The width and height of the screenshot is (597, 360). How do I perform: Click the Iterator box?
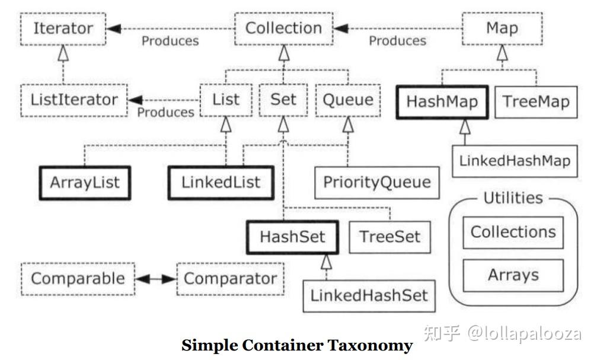[63, 28]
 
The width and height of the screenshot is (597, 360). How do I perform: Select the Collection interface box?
[283, 28]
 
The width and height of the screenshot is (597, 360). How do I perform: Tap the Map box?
[502, 28]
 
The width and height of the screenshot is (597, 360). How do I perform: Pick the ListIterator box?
[74, 100]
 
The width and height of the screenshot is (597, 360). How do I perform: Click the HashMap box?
[442, 101]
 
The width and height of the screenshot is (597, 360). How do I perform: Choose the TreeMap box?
[536, 101]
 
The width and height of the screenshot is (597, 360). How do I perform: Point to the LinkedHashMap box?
[515, 161]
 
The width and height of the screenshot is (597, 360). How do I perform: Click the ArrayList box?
[84, 182]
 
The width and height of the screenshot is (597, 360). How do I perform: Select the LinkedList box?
[221, 182]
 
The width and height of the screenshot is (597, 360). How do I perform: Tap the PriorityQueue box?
[377, 182]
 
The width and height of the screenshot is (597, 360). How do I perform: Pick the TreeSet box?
[390, 237]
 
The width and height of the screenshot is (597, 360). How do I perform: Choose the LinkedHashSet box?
[369, 295]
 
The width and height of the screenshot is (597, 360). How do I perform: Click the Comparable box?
[78, 278]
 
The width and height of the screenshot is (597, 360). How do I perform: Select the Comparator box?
[230, 278]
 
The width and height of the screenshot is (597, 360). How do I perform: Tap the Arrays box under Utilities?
[513, 275]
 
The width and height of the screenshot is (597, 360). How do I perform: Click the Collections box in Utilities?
[513, 232]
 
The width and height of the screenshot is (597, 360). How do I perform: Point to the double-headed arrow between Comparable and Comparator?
[156, 279]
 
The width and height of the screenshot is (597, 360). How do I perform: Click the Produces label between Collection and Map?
[397, 41]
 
